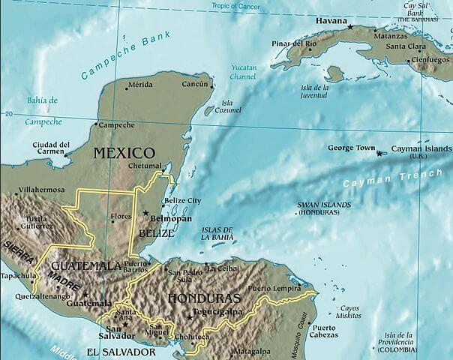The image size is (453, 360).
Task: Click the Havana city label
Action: click(332, 19)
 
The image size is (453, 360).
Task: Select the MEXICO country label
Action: click(124, 153)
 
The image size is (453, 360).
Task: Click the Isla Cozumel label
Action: click(226, 107)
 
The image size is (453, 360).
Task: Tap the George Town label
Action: click(351, 148)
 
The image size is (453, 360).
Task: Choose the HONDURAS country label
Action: click(204, 298)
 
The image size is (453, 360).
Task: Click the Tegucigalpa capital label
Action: click(217, 311)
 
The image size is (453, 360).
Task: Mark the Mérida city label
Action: click(140, 85)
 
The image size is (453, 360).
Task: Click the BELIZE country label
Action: click(156, 233)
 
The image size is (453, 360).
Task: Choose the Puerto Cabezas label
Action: click(324, 331)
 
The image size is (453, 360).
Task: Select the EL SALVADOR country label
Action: click(121, 351)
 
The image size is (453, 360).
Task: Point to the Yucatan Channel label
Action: click(244, 72)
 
